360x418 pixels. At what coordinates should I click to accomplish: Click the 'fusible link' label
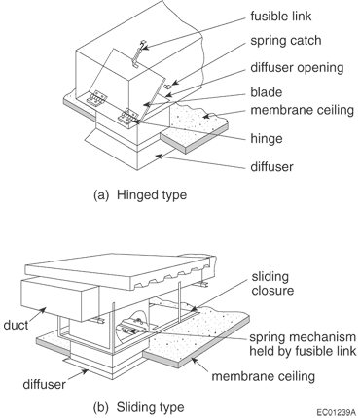pos(281,16)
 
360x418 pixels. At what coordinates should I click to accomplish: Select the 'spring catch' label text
pos(286,41)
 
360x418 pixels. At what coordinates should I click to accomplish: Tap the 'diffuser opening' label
pos(297,68)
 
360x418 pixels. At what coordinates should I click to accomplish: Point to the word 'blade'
pos(267,92)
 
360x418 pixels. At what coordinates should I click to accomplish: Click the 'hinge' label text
pos(267,139)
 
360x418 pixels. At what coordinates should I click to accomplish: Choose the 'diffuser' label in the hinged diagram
pos(271,166)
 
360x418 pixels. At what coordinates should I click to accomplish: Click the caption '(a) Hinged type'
pos(140,195)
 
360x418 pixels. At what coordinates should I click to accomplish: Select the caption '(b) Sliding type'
pos(139,407)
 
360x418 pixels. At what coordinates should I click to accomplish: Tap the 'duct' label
pos(16,325)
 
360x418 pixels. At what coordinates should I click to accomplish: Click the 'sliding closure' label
pos(272,283)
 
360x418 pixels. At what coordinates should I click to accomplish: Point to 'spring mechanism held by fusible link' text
pos(303,344)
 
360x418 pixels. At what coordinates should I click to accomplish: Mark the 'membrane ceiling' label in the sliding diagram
pos(264,376)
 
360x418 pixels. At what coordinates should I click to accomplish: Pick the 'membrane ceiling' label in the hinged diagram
pos(303,110)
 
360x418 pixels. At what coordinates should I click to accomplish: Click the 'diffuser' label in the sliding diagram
pos(44,384)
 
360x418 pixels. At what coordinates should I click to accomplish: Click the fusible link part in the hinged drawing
pos(138,53)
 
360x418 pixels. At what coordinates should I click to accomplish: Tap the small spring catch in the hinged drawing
pos(168,87)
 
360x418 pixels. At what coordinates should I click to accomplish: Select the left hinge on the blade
pos(96,98)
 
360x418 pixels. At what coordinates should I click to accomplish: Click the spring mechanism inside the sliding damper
pos(133,327)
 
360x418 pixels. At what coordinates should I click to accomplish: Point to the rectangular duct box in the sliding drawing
pos(60,299)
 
